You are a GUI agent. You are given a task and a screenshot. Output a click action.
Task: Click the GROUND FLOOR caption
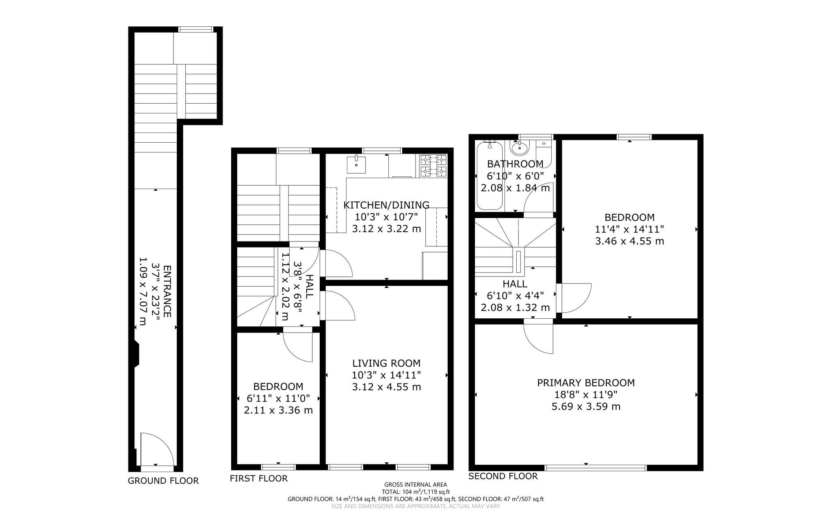pos(163,481)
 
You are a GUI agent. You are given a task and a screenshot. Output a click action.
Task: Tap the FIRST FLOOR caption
pos(259,479)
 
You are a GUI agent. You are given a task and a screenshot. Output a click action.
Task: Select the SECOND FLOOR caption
pos(503,476)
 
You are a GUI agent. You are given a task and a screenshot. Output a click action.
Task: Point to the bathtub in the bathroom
pos(490,175)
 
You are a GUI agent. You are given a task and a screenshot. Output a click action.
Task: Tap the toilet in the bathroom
pos(544,154)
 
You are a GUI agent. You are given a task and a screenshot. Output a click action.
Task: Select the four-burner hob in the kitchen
pos(433,166)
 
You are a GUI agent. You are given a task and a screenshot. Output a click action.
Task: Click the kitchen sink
pos(356,164)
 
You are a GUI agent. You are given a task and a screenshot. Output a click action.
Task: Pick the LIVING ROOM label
pos(386,363)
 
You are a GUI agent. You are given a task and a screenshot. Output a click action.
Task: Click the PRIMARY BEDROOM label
pos(586,383)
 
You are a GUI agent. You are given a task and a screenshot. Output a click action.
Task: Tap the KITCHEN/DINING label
pos(386,205)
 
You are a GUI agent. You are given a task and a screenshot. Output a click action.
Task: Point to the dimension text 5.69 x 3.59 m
pos(586,406)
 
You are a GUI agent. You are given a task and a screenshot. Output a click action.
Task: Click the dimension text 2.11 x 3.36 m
pos(278,410)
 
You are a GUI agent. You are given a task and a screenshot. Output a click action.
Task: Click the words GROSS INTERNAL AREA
pos(416,485)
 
